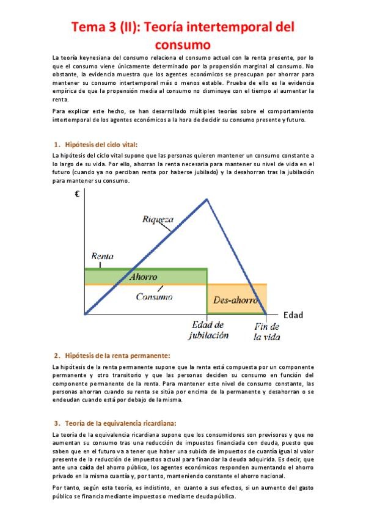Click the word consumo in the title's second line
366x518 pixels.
(x=183, y=44)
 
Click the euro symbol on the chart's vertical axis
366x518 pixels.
(x=78, y=194)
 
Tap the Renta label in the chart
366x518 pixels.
(x=103, y=257)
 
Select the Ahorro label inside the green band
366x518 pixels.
(x=144, y=276)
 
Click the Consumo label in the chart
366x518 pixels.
(x=154, y=296)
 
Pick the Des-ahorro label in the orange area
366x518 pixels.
(x=235, y=300)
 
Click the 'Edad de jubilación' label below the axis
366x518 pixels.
(x=210, y=330)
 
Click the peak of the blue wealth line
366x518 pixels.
(x=207, y=199)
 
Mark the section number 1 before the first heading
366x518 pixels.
(x=57, y=145)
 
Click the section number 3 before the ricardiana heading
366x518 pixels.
(x=57, y=422)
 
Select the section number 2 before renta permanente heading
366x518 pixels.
(x=57, y=355)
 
